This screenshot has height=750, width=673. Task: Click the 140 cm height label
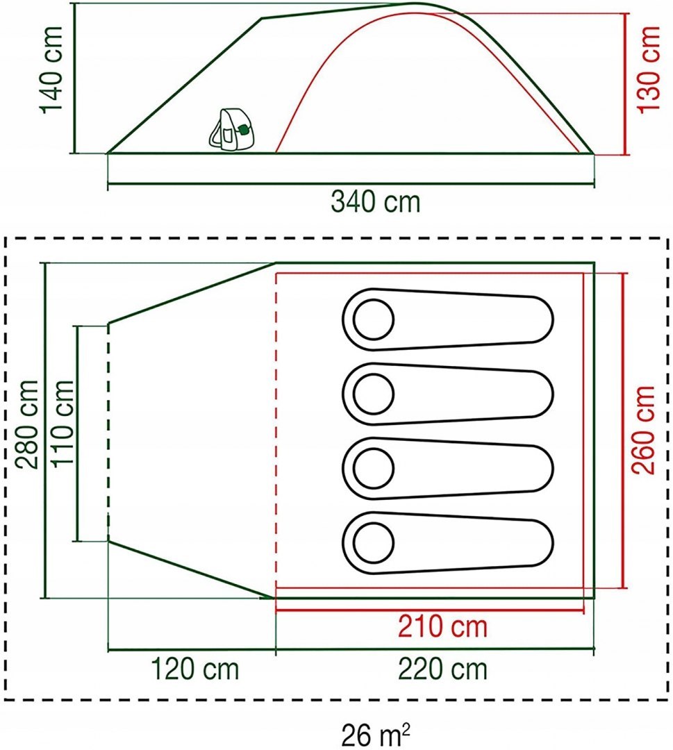coord(51,69)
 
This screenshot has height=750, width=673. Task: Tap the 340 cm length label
coord(375,202)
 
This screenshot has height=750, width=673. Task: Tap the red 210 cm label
coord(442,627)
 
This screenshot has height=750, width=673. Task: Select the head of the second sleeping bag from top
coord(374,394)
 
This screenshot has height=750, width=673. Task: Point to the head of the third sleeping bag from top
coord(374,468)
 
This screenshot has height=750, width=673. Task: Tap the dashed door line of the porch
coord(108,431)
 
